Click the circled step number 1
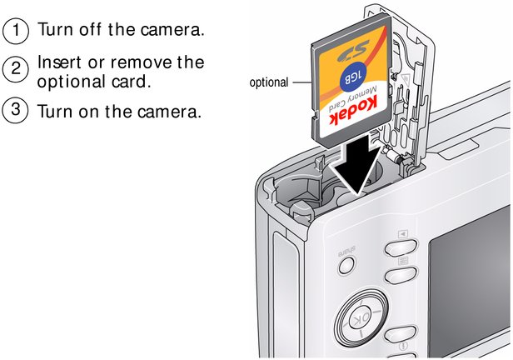[15, 31]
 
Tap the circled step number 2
[15, 69]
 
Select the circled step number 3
[15, 110]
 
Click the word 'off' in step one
[90, 29]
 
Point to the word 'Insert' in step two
[59, 62]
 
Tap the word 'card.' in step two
[131, 81]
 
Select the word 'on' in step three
[88, 112]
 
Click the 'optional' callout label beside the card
[269, 82]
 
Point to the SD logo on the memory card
[352, 52]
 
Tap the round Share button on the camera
[346, 265]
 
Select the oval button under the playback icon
[401, 247]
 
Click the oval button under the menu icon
[401, 275]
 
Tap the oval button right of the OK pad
[401, 334]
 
